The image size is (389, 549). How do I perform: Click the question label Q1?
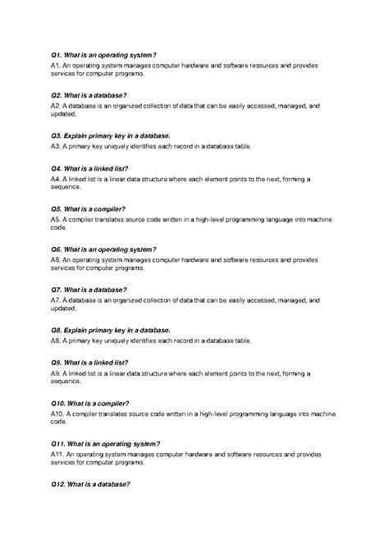tap(56, 54)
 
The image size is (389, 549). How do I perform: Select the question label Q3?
tap(56, 135)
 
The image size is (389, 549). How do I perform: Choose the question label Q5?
tap(56, 208)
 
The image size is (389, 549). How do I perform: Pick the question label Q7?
tap(56, 290)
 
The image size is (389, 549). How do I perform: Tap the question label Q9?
tap(56, 362)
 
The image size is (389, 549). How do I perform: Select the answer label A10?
tap(57, 414)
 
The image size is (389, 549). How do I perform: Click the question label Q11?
tap(58, 443)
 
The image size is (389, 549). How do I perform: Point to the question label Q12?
tap(58, 484)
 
